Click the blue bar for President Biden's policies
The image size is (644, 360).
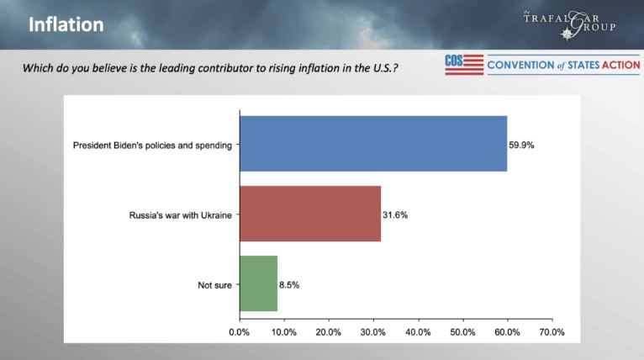coord(373,144)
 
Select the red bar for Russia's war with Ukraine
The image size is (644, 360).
coord(310,214)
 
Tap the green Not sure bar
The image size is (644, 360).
coord(258,284)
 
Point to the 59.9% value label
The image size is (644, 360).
coord(521,145)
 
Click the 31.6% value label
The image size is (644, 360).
coord(395,214)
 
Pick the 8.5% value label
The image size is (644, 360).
coord(288,285)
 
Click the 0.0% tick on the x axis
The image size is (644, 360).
coord(240,332)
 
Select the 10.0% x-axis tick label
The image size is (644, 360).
coord(284,332)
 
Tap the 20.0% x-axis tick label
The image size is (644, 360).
coord(329,332)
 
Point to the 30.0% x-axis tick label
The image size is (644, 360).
coord(373,332)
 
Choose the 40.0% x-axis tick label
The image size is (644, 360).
coord(418,332)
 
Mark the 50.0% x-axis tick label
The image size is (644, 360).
coord(462,332)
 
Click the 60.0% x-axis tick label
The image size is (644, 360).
coord(507,332)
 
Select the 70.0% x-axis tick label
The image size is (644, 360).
coord(552,332)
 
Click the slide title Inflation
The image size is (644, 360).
coord(66,25)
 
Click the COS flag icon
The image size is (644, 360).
coord(464,65)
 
